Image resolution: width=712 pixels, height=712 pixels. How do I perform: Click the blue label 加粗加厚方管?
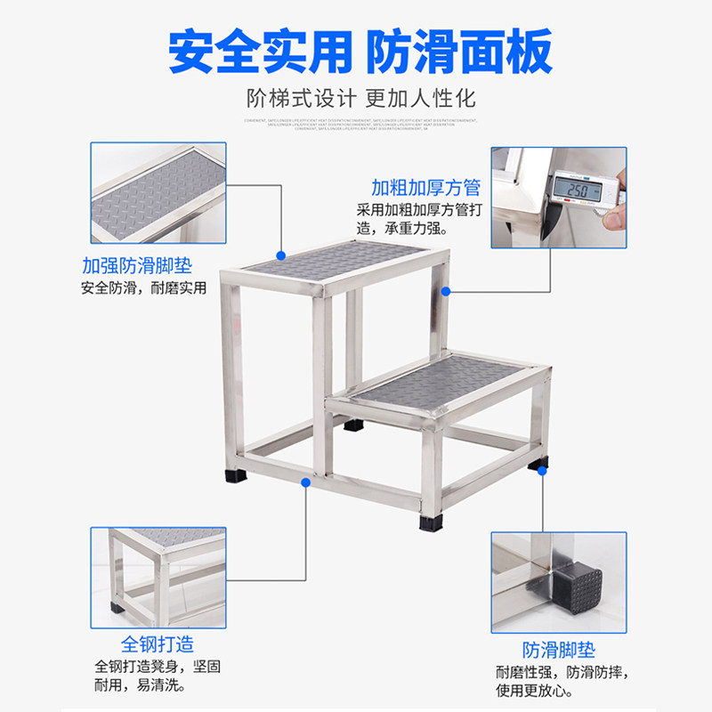425,188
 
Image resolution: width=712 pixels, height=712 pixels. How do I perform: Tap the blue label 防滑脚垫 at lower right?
558,650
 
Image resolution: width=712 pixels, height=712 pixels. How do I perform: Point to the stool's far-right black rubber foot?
538,464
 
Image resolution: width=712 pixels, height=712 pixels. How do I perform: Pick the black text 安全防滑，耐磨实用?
143,288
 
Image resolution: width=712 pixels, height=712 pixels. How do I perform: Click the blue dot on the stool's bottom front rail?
306,482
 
